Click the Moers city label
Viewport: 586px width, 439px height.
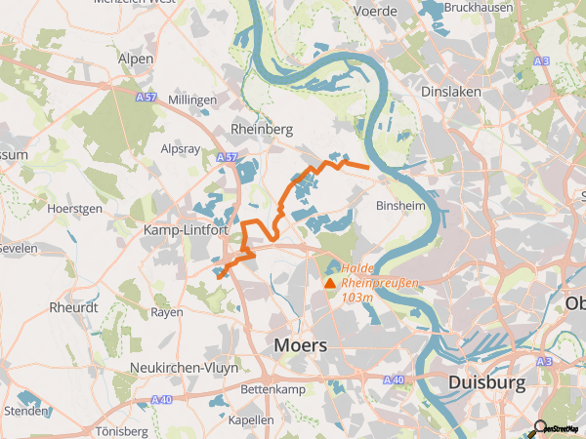coord(302,344)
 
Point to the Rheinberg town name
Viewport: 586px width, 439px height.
coord(261,129)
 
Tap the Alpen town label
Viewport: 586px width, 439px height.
coord(136,59)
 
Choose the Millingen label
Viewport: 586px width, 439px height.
coord(192,100)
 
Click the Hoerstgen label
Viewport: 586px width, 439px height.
coord(74,208)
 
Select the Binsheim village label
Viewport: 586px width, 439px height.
coord(399,207)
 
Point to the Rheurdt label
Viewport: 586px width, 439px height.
coord(73,307)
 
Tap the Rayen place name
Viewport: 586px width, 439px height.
coord(166,312)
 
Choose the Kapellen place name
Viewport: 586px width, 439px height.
coord(250,419)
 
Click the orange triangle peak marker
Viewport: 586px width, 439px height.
coord(329,284)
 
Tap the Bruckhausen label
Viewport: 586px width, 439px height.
coord(478,7)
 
